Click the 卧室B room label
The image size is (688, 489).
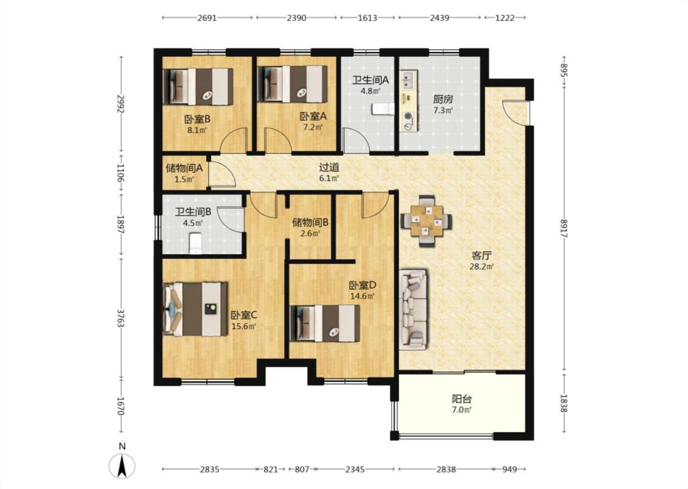click(x=197, y=119)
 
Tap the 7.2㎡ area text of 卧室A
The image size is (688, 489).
click(x=313, y=127)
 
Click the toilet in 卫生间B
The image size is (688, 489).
click(x=195, y=243)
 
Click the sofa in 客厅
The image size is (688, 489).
click(x=413, y=310)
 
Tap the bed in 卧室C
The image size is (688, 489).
click(x=195, y=309)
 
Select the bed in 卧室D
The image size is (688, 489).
click(x=325, y=323)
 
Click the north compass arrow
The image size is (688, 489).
click(x=122, y=465)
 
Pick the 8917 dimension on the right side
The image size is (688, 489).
click(x=564, y=228)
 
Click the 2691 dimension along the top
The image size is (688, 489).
click(x=207, y=18)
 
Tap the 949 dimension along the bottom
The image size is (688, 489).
click(x=509, y=469)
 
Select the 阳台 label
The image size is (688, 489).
click(x=462, y=399)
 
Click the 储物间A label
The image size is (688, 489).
click(x=184, y=168)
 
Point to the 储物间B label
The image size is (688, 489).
click(x=310, y=222)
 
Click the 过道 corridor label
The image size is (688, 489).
click(x=329, y=167)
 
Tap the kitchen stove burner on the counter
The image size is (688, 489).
click(x=409, y=116)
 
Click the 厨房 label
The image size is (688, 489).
click(x=443, y=99)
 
